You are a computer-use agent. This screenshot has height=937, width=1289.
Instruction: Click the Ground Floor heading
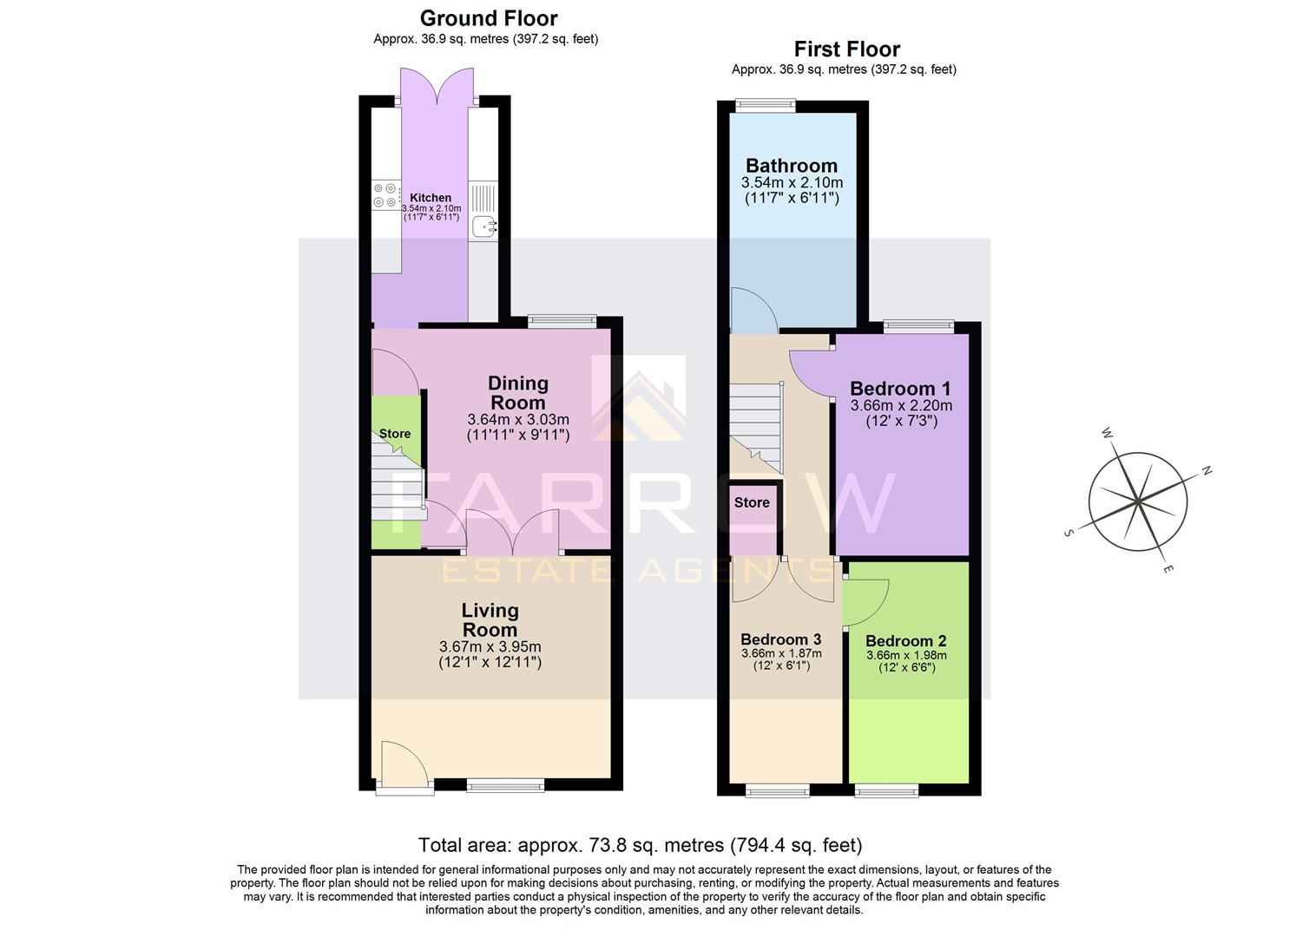[x=488, y=18]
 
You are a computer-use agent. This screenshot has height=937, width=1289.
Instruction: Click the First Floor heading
[x=846, y=49]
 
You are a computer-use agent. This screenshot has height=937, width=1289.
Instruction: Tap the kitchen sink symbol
[x=483, y=226]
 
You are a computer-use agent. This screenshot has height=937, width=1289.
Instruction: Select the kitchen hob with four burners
[x=385, y=195]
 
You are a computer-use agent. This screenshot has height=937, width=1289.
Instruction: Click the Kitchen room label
[x=431, y=198]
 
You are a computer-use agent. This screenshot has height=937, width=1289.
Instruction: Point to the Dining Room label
[x=518, y=392]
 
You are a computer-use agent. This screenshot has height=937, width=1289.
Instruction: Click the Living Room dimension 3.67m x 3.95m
[x=490, y=646]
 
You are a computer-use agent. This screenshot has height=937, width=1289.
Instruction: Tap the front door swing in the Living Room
[x=403, y=763]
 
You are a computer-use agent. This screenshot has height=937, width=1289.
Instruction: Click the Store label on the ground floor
[x=395, y=434]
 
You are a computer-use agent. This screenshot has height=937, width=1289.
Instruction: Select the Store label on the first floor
[x=752, y=502]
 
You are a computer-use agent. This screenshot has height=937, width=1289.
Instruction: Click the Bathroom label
[x=792, y=166]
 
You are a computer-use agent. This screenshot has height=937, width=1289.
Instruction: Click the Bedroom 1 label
[x=900, y=389]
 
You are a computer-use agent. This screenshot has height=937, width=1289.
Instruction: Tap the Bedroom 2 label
[x=905, y=641]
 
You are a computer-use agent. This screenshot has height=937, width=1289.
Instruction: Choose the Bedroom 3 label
[x=780, y=639]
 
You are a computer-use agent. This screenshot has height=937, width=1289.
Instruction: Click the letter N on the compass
[x=1206, y=471]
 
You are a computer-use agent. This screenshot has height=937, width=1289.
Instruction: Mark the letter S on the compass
[x=1069, y=533]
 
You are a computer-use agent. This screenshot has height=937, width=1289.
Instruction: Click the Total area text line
[x=640, y=845]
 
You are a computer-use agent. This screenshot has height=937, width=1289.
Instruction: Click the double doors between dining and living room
[x=512, y=533]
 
